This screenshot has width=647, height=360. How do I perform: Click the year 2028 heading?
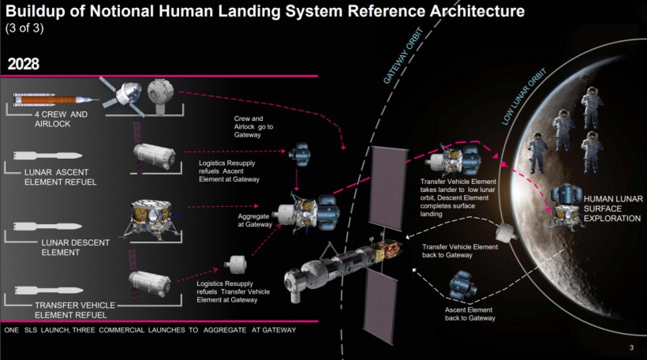24,64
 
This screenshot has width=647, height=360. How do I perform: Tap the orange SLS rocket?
56,99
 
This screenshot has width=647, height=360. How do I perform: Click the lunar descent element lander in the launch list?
151,219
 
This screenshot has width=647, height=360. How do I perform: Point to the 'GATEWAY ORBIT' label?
403,56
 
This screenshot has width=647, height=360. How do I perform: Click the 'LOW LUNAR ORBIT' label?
524,96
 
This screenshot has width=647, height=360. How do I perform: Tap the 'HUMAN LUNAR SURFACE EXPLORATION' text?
613,208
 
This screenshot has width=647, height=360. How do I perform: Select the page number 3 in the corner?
631,347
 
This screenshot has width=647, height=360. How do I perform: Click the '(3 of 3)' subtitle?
24,28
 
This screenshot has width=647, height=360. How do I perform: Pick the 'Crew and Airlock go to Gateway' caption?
253,126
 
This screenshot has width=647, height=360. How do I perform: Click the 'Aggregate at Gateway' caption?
255,220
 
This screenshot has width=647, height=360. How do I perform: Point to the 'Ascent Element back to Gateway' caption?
469,313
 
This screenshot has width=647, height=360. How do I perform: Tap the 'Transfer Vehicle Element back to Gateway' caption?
460,250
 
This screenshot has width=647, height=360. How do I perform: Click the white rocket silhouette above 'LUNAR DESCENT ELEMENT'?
47,227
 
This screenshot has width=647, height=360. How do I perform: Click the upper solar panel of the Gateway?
386,188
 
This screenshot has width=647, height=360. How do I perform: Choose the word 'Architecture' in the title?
477,11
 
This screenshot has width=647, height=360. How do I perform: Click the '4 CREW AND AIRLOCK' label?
61,119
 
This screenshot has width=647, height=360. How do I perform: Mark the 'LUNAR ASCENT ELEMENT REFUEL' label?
60,177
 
